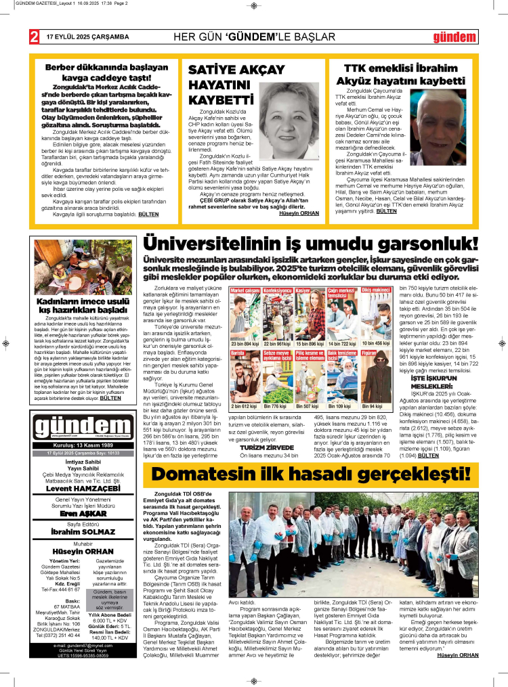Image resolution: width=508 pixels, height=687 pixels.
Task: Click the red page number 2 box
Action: pos(33,37)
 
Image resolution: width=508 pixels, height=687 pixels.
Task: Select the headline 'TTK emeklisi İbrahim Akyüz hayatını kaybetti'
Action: pos(401,74)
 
